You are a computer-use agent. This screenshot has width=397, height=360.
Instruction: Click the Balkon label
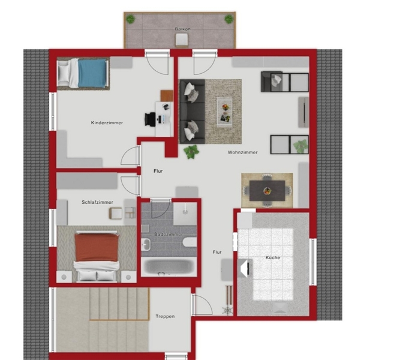[182, 29]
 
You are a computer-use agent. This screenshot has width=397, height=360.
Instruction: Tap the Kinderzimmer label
[107, 122]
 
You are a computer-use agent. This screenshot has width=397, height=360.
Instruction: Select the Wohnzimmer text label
[242, 152]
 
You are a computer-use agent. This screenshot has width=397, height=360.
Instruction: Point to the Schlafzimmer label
[97, 202]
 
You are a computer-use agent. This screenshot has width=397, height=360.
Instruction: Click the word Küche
[273, 257]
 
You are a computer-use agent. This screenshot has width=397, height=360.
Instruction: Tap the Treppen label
[165, 316]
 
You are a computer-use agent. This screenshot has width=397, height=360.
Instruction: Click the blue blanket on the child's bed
[92, 73]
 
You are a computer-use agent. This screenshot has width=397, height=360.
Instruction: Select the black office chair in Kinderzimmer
[151, 119]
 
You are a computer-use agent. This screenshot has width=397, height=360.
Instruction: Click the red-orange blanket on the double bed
[97, 247]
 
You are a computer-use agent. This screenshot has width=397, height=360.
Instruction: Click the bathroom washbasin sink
[146, 244]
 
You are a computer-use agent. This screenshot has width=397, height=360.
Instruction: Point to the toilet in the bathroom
[190, 242]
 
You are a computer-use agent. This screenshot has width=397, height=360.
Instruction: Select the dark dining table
[267, 191]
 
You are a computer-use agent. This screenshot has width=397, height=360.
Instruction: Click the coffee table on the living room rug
[224, 112]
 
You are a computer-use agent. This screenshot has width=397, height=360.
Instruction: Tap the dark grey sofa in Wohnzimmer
[192, 112]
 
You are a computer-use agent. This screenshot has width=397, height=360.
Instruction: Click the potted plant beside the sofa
[191, 151]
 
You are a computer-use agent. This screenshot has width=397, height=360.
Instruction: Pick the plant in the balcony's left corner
[130, 19]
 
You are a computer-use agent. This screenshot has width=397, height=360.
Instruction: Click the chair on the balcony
[182, 40]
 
